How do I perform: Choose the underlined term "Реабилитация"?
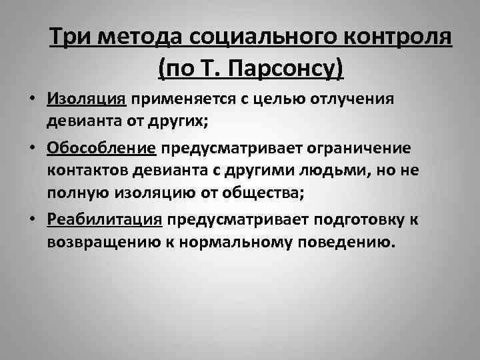coord(105,220)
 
